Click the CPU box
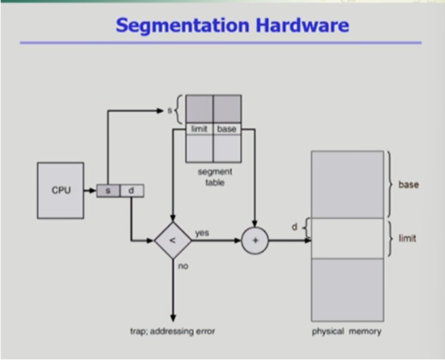tap(60, 190)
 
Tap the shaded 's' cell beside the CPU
tap(108, 190)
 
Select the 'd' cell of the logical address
tap(131, 190)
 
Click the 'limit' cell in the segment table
tap(199, 129)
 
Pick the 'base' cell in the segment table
tap(226, 129)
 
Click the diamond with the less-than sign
tap(173, 240)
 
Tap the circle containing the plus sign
tap(255, 240)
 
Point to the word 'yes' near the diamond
tap(202, 232)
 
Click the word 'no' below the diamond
tap(183, 266)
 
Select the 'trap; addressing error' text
tap(173, 331)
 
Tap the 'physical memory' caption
tap(346, 331)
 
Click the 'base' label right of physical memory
tap(408, 185)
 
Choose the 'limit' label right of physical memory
tap(407, 238)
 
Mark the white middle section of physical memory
tap(347, 238)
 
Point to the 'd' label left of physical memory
tap(294, 227)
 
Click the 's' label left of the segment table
tap(169, 111)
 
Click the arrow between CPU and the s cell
tap(90, 190)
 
